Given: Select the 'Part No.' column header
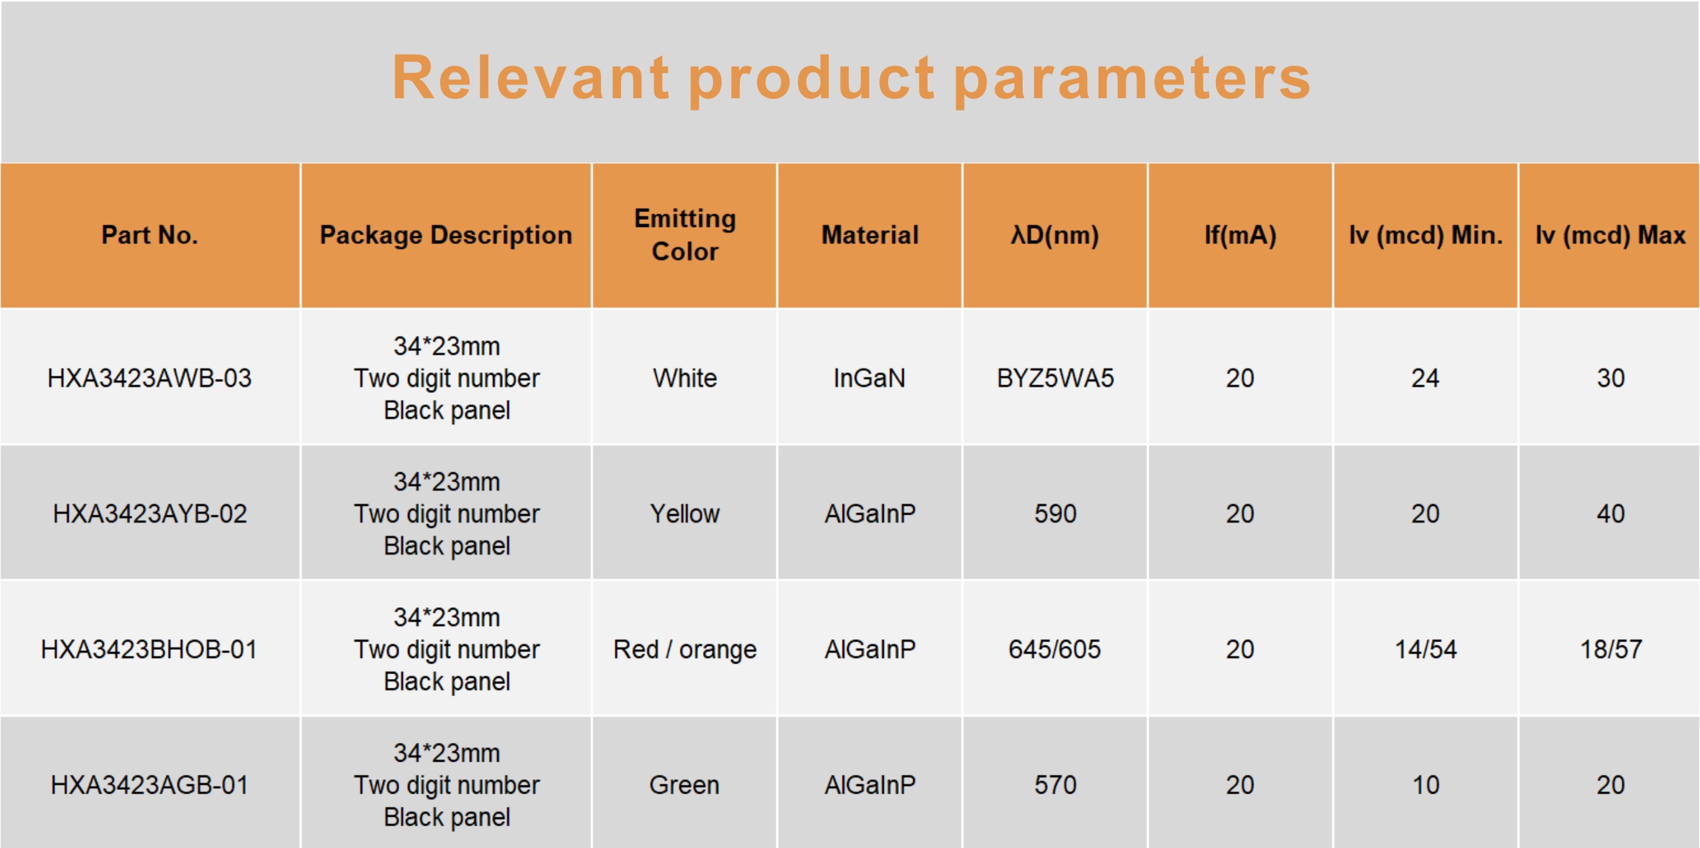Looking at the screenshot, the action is coord(150,235).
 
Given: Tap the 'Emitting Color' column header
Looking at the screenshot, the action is coord(685,235).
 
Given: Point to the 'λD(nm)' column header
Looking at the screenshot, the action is coord(1055,235).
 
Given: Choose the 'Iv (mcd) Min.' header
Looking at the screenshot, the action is coord(1425,235).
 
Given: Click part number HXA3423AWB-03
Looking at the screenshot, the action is coord(150,378).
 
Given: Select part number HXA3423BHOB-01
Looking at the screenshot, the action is coord(149,649).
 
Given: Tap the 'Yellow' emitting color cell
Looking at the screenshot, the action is coord(685,513).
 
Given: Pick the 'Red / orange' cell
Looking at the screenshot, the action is coord(685,650).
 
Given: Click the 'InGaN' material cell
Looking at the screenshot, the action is coord(870,378).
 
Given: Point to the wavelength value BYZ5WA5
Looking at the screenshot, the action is coord(1055,378).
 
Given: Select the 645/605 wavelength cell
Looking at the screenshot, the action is coord(1055,649).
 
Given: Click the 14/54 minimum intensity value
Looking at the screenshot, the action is coord(1425,649).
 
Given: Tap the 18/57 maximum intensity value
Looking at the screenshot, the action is coord(1611,649).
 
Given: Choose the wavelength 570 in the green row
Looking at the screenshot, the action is coord(1055,785).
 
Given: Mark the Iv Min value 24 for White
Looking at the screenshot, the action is coord(1425,378).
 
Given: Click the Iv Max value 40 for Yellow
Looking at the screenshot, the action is coord(1611,513).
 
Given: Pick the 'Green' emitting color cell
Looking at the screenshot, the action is coord(684,785).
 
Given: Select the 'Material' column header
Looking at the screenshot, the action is coord(870,235).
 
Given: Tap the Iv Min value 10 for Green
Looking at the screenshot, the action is coord(1425,785).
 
